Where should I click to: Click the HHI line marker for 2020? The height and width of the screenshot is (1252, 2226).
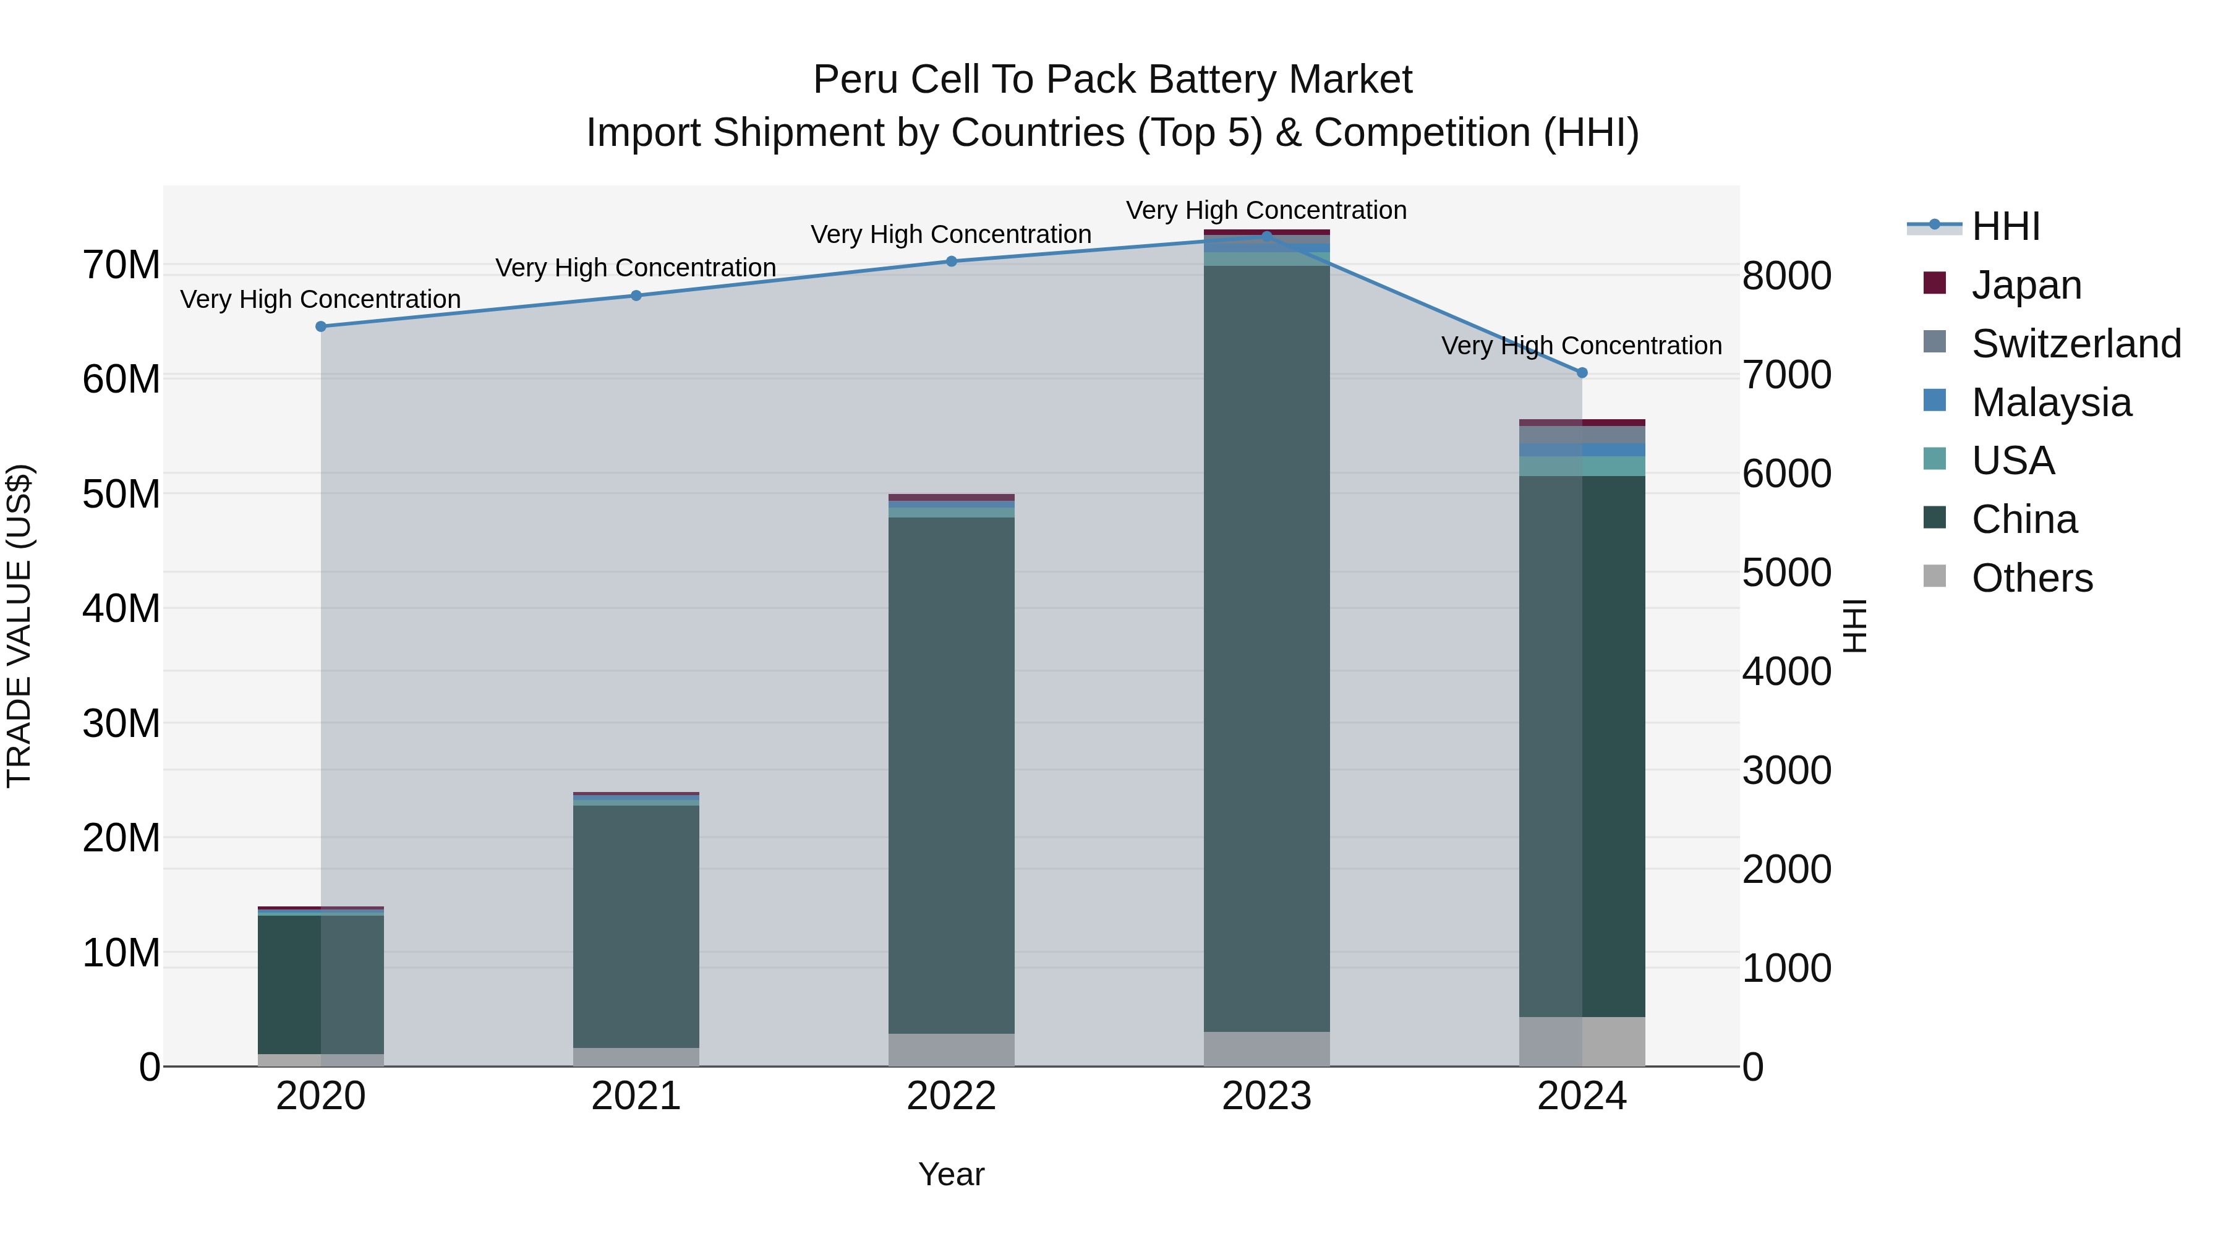pyautogui.click(x=320, y=326)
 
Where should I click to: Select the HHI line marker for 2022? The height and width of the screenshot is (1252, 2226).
pyautogui.click(x=952, y=261)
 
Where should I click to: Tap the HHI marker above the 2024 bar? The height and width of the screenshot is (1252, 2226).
pyautogui.click(x=1582, y=372)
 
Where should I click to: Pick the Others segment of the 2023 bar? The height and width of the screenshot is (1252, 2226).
pyautogui.click(x=1267, y=1049)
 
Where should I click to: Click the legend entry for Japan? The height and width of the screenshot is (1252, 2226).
pyautogui.click(x=2026, y=285)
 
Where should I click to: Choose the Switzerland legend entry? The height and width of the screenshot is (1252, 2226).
pyautogui.click(x=2076, y=344)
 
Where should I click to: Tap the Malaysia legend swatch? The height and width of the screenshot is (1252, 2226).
pyautogui.click(x=1935, y=401)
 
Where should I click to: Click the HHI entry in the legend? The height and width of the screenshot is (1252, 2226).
pyautogui.click(x=2005, y=226)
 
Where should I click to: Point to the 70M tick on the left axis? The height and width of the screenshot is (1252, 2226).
pyautogui.click(x=121, y=265)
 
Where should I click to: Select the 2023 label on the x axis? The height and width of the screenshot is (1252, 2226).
pyautogui.click(x=1267, y=1096)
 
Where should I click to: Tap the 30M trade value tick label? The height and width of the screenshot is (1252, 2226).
pyautogui.click(x=121, y=723)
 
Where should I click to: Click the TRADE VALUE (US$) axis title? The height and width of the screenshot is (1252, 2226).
pyautogui.click(x=19, y=626)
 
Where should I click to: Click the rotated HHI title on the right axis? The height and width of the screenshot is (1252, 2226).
pyautogui.click(x=1854, y=626)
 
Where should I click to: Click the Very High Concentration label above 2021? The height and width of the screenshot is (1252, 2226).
pyautogui.click(x=636, y=268)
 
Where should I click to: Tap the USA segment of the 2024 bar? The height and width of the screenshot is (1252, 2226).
pyautogui.click(x=1582, y=466)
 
